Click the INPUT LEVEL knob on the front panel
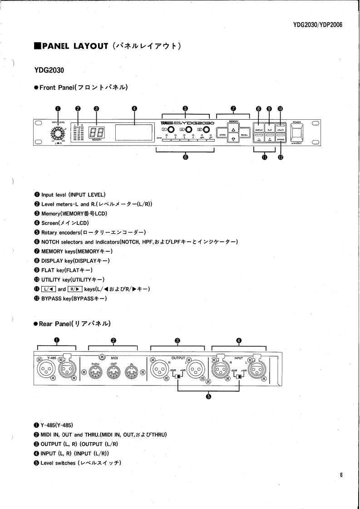tap(57, 133)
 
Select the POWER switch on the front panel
tap(297, 132)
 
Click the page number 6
tap(340, 475)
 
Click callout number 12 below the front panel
tap(281, 157)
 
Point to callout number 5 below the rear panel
tap(208, 396)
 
